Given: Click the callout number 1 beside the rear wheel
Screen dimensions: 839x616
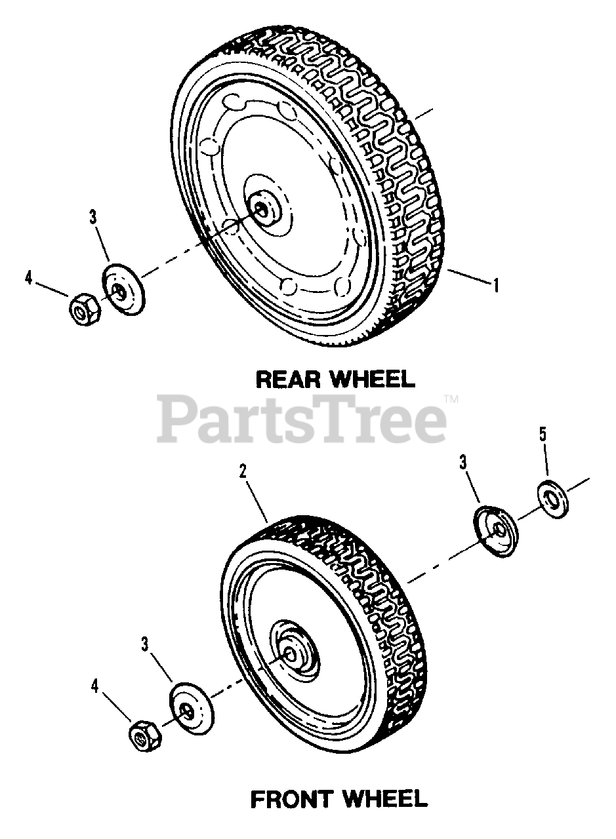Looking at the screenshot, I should click(497, 286).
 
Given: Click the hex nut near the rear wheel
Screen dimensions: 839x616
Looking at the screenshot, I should click(83, 308).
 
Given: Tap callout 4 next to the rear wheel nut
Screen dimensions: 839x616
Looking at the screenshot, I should click(28, 277).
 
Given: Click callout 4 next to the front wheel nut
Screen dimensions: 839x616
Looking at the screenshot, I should click(96, 686).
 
